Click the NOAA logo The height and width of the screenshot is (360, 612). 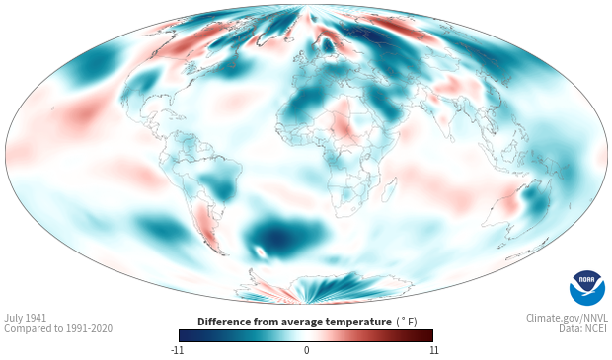pos(587,288)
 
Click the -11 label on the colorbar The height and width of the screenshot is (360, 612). pos(177,350)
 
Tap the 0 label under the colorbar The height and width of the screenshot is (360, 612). pos(306,350)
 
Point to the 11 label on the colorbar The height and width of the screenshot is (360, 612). pos(433,350)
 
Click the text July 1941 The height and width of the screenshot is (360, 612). pos(26,318)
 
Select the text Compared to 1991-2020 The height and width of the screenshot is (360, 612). pos(58,328)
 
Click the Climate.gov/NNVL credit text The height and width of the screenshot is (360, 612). pos(567,318)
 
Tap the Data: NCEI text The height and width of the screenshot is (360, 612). pos(583,328)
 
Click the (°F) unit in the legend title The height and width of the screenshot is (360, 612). pos(407,323)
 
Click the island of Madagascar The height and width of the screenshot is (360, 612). pos(390,189)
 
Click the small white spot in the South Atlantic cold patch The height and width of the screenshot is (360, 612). pos(260,252)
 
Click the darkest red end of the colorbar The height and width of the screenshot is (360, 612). pos(428,335)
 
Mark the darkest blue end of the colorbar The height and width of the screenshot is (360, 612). pos(184,335)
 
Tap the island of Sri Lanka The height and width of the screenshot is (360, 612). pos(452,138)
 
